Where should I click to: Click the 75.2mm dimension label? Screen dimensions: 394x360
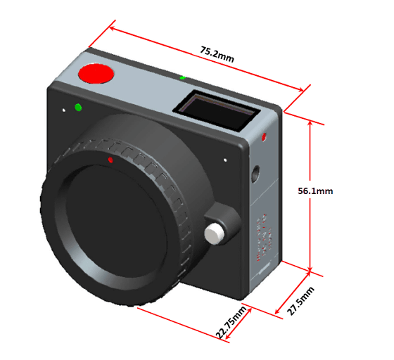point(217,54)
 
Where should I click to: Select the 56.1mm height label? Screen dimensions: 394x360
point(315,191)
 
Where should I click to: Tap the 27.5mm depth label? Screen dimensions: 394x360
point(300,301)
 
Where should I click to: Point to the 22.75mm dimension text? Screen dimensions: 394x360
point(231,322)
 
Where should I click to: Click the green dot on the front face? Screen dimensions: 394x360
point(78,108)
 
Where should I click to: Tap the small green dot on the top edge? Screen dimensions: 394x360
point(183,78)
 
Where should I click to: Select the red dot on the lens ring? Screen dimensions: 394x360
point(110,160)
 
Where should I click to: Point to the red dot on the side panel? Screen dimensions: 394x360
point(264,137)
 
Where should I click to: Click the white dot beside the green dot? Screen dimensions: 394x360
point(64,110)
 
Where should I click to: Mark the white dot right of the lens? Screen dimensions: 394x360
point(225,160)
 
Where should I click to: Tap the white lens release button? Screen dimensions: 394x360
point(214,234)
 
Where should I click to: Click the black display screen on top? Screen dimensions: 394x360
point(216,110)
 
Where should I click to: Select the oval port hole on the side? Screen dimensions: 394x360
point(256,174)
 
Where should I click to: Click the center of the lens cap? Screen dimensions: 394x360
point(116,221)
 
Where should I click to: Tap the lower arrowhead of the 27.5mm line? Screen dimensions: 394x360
point(276,312)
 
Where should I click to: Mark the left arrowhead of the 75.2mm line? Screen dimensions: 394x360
point(111,27)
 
